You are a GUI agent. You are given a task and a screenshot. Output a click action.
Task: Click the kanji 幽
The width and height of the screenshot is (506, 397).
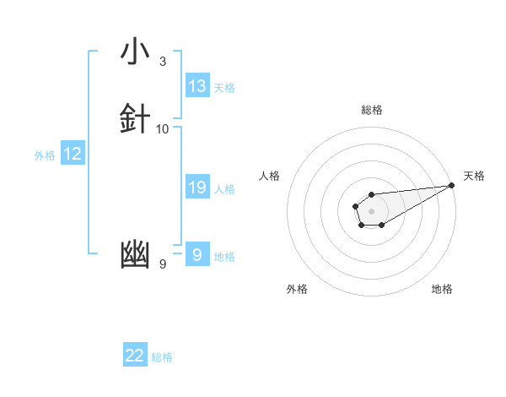coord(135,254)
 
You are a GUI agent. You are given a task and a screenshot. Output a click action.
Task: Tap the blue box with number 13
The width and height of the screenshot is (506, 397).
coord(197,86)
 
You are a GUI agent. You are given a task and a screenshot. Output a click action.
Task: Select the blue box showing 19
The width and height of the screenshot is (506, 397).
coord(197,188)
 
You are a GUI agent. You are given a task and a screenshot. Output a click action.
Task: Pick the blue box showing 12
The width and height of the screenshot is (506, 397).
coord(73,154)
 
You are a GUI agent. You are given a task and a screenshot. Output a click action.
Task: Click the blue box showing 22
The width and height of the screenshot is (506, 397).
coord(135,356)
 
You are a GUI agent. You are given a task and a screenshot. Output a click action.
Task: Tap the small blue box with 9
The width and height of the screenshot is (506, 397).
coord(196,254)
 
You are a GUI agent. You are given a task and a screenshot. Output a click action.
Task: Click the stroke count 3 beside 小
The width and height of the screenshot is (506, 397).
coord(162,61)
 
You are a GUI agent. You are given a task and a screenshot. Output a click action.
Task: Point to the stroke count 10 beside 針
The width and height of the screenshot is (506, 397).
coord(162,128)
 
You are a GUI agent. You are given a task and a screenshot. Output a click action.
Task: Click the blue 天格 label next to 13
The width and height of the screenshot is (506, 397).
coord(224,88)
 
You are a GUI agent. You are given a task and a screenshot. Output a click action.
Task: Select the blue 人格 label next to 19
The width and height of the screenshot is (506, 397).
coord(224,189)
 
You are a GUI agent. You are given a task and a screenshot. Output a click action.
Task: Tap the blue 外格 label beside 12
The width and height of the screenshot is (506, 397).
coord(44,155)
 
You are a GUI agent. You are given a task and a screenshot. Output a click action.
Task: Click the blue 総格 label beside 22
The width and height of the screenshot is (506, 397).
coord(162,357)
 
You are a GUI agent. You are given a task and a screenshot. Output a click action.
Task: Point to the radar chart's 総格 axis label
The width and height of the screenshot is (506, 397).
coord(371,110)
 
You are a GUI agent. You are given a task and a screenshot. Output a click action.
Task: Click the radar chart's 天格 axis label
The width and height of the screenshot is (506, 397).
coord(474,176)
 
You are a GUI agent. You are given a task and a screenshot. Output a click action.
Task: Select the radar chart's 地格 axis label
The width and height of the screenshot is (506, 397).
coord(442,289)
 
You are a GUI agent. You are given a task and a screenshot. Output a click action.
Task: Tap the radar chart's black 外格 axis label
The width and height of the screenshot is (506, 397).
coord(297,289)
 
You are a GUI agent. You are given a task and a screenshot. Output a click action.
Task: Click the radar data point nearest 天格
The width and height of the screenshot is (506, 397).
coord(453,185)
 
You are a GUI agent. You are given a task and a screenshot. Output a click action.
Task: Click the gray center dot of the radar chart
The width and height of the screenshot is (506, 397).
coord(371,210)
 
